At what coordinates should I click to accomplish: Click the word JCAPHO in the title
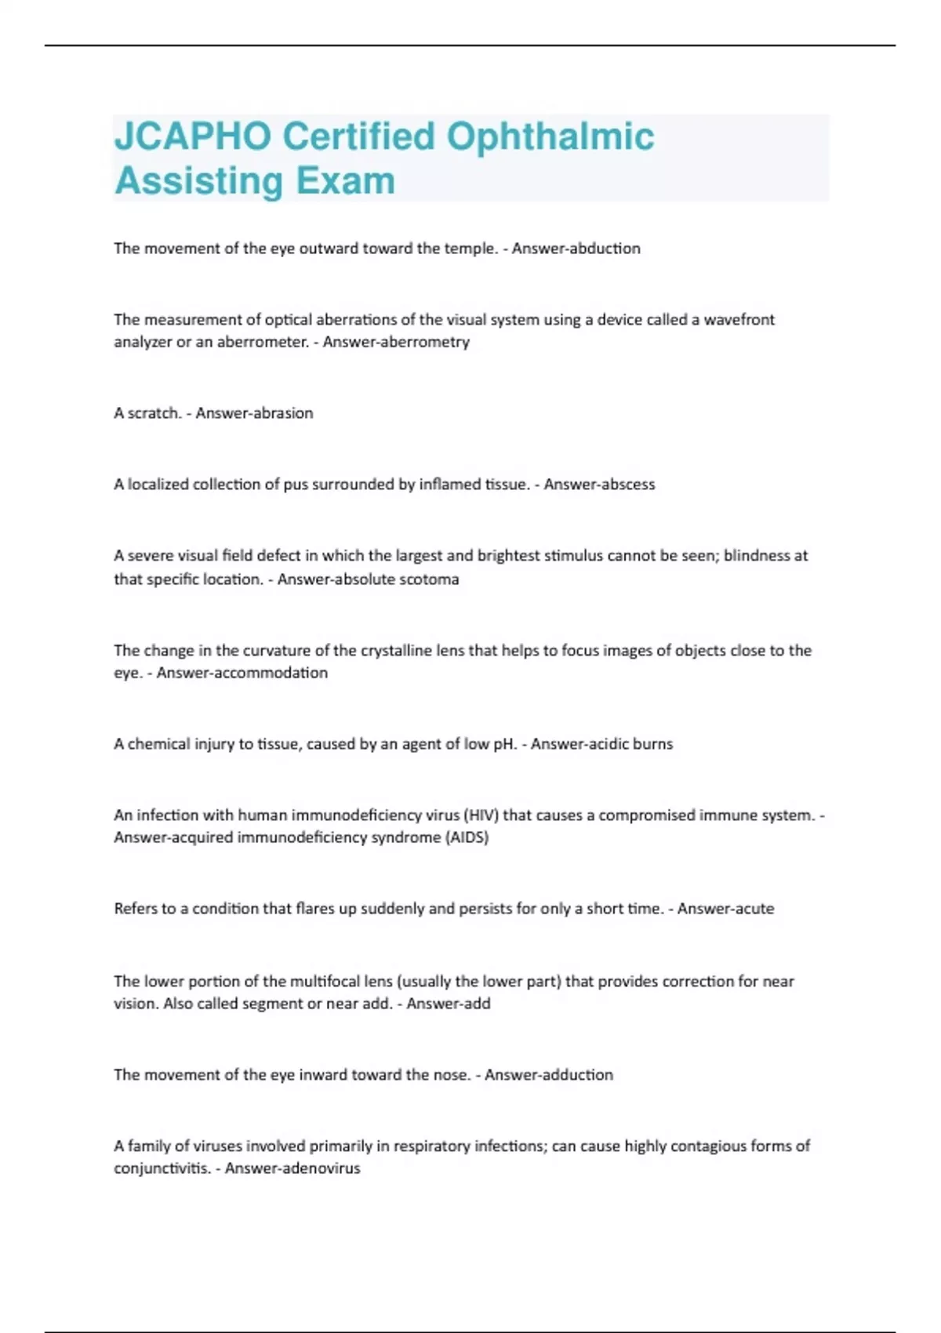tap(193, 136)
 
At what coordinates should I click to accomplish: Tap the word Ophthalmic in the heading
tap(550, 136)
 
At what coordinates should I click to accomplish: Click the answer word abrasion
tap(283, 413)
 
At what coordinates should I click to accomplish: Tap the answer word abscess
tap(627, 485)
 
